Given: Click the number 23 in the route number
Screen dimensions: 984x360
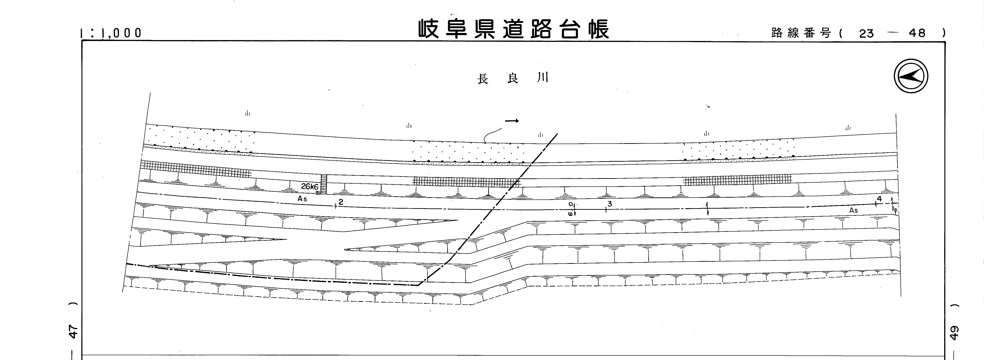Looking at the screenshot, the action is pyautogui.click(x=866, y=34).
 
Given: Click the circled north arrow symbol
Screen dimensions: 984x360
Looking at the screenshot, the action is pyautogui.click(x=911, y=76).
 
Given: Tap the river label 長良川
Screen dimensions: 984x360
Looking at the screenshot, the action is pyautogui.click(x=513, y=78).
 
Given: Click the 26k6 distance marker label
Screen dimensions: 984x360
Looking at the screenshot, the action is pyautogui.click(x=309, y=186).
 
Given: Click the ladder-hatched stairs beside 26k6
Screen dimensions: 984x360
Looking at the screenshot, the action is pyautogui.click(x=324, y=184).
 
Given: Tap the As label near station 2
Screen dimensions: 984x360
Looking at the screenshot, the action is pyautogui.click(x=302, y=199).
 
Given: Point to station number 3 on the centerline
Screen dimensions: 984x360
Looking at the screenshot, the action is pyautogui.click(x=610, y=204).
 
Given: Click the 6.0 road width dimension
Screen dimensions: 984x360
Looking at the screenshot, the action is pyautogui.click(x=571, y=209).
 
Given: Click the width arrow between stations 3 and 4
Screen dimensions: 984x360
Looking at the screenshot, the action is pyautogui.click(x=708, y=209).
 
